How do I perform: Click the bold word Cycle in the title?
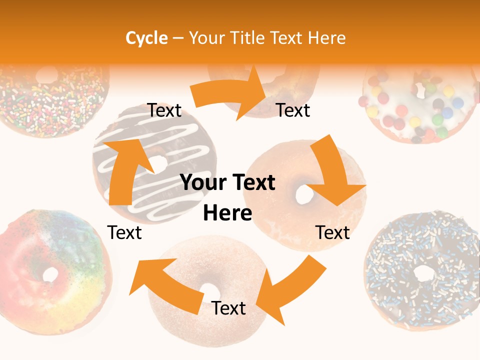coord(146,38)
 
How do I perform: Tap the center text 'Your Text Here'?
coord(228,198)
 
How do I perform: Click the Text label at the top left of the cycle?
coord(164,110)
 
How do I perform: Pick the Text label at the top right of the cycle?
coord(293,110)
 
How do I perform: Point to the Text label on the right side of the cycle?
coord(332,233)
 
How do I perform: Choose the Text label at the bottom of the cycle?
coord(228,308)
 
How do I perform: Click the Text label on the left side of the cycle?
coord(124,233)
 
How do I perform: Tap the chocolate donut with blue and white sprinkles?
coord(422,272)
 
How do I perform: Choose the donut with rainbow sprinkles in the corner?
coord(50,97)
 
